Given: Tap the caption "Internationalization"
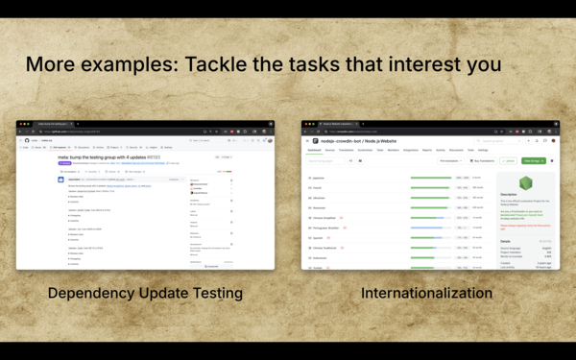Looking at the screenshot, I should (427, 294).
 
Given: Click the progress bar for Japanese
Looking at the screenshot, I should (430, 178).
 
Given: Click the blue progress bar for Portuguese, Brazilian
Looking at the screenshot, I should (430, 227).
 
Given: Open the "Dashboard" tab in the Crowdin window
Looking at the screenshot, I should (314, 150).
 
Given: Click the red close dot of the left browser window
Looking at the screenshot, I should (19, 125).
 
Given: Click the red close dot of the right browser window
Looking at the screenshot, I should (304, 125).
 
